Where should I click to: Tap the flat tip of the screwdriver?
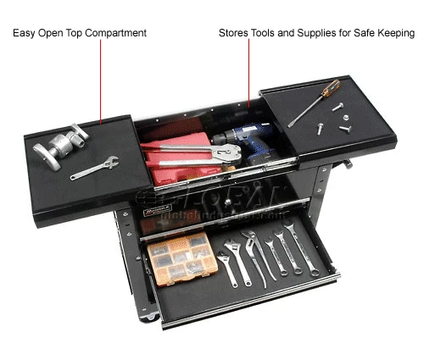point(290,125)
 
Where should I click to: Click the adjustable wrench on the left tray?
point(94,168)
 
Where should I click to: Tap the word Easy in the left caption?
point(25,33)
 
